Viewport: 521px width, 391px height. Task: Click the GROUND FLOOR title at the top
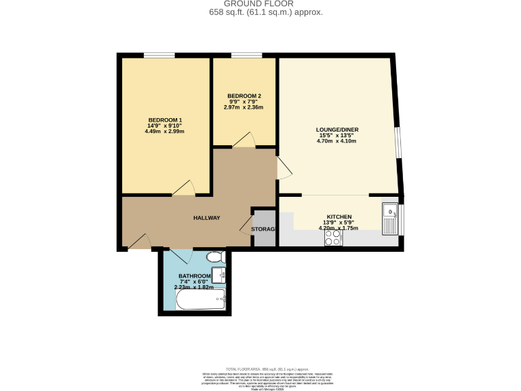[260, 4]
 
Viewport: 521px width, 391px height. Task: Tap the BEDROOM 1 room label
[165, 120]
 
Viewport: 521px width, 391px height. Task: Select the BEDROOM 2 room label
[244, 96]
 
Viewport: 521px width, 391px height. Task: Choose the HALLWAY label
[206, 218]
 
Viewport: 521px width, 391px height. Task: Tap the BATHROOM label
[195, 276]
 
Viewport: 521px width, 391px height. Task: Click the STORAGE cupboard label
[263, 229]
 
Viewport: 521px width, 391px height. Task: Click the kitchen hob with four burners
[333, 238]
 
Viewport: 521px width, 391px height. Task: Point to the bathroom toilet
[216, 258]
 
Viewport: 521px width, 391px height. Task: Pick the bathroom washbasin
[218, 276]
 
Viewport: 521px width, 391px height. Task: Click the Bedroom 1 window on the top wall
[158, 56]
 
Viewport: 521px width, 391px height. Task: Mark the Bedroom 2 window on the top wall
[246, 56]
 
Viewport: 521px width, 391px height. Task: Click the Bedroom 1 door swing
[185, 189]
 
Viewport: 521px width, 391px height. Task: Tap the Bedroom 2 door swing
[243, 139]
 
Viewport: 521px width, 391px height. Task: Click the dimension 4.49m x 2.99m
[165, 131]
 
